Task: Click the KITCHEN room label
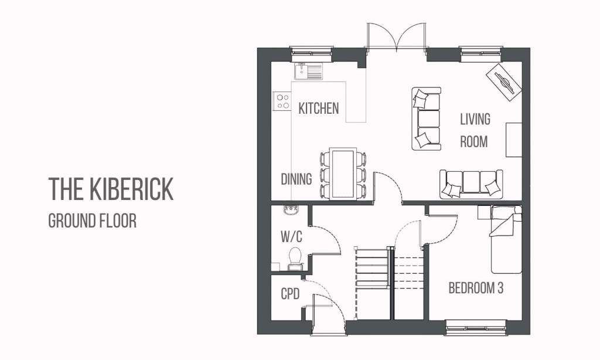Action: point(319,108)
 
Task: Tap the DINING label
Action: point(296,179)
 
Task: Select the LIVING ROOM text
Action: point(475,131)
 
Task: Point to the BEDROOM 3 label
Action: point(476,288)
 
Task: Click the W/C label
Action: point(291,237)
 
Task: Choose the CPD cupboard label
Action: point(290,294)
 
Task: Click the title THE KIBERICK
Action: point(111,189)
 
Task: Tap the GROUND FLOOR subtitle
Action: point(92,221)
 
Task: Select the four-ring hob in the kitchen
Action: point(283,101)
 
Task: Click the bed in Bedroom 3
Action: point(506,239)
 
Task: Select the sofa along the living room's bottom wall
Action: point(472,184)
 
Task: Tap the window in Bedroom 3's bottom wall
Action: point(475,327)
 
